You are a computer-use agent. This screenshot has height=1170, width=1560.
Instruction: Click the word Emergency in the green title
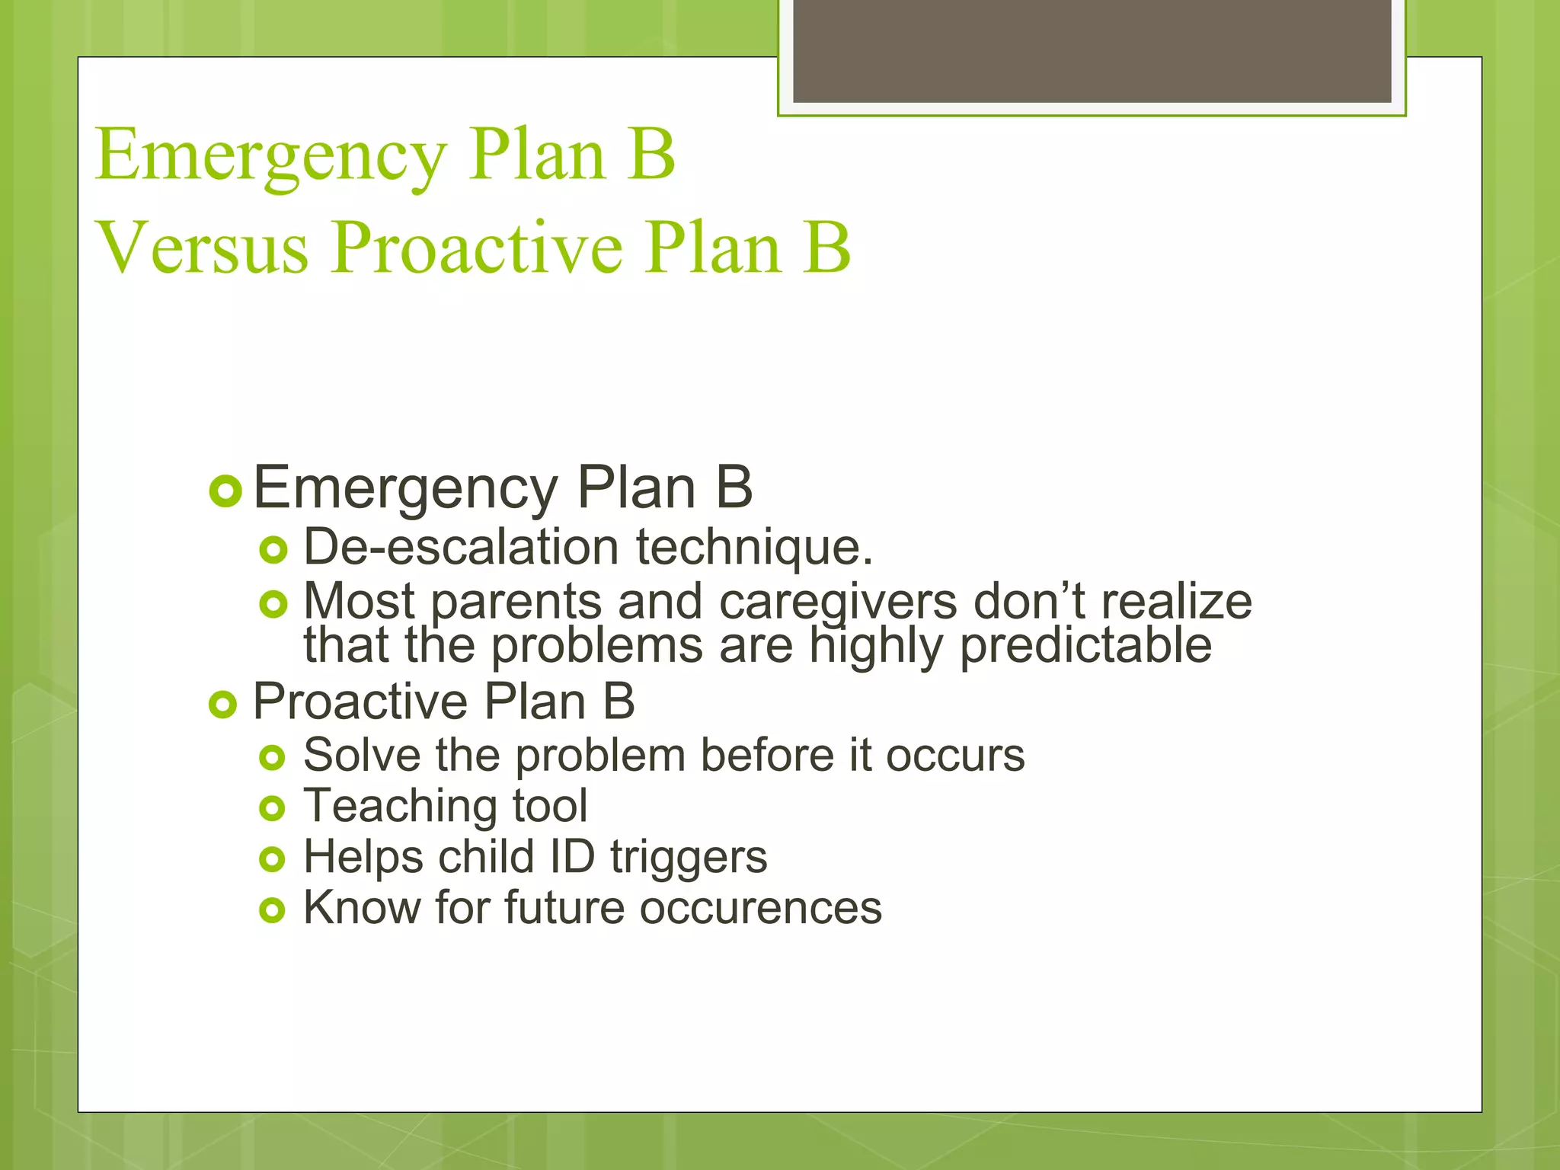pyautogui.click(x=270, y=155)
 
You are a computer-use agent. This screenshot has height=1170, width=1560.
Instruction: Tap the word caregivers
pyautogui.click(x=837, y=602)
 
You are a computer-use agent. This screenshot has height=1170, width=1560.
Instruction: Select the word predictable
pyautogui.click(x=1085, y=646)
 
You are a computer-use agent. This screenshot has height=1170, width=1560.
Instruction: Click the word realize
pyautogui.click(x=1176, y=601)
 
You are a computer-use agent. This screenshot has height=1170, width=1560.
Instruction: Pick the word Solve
pyautogui.click(x=361, y=756)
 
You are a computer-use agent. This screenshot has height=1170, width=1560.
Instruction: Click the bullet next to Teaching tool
pyautogui.click(x=272, y=809)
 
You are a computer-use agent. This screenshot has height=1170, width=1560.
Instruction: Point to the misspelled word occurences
pyautogui.click(x=759, y=909)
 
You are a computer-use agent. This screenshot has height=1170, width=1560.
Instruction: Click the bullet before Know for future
pyautogui.click(x=272, y=910)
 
